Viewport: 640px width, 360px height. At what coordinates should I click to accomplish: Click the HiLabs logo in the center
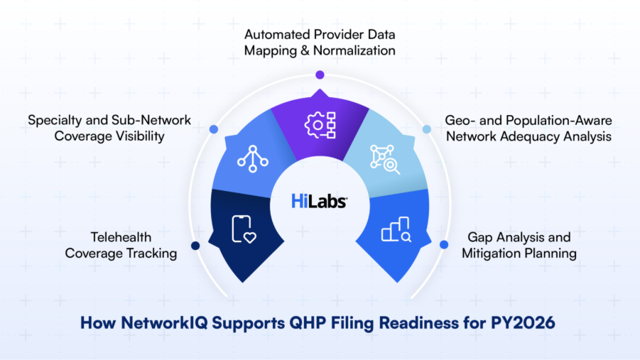[319, 202]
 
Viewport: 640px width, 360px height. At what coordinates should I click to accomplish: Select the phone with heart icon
[244, 229]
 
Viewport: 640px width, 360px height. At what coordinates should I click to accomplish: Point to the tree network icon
[252, 157]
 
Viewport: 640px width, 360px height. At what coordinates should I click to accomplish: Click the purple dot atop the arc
[320, 75]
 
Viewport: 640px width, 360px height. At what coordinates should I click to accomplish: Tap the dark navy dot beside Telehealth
[195, 246]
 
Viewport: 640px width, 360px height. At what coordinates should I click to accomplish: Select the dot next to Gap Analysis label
[444, 245]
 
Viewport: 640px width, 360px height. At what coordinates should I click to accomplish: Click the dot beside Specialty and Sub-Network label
[213, 129]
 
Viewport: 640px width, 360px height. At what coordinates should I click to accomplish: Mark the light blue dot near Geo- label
[427, 129]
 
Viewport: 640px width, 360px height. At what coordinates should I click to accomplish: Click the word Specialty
[54, 120]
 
